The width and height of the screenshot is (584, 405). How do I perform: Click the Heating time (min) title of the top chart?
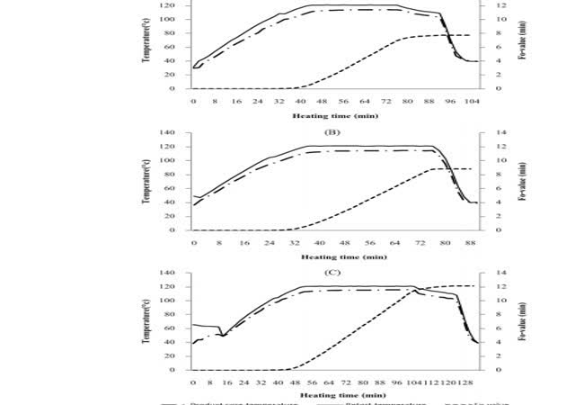tap(328, 115)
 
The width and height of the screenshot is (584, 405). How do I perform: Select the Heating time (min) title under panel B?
tap(328, 256)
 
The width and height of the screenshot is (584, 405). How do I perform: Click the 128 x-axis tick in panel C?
tap(471, 382)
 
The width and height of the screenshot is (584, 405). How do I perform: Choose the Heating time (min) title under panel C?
tap(328, 395)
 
